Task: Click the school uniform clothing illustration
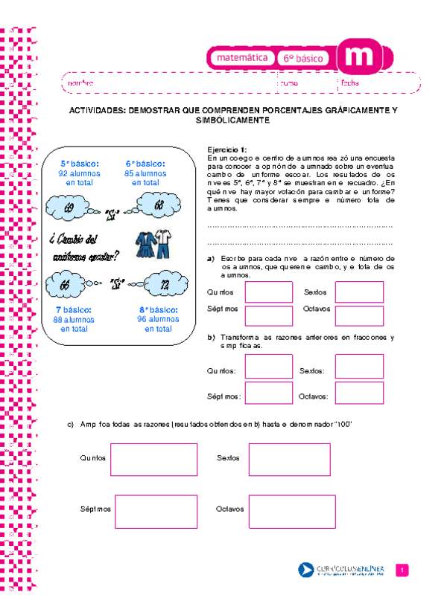pos(155,245)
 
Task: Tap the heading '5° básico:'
pos(76,164)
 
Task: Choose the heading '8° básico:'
pos(158,309)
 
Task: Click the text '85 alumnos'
pos(145,173)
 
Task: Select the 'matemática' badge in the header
pos(241,57)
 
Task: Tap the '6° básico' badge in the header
pos(305,57)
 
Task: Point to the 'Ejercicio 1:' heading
pos(226,149)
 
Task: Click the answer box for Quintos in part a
pos(268,292)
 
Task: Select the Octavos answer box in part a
pos(359,315)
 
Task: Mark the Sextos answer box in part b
pos(359,366)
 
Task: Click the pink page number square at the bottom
pos(403,570)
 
